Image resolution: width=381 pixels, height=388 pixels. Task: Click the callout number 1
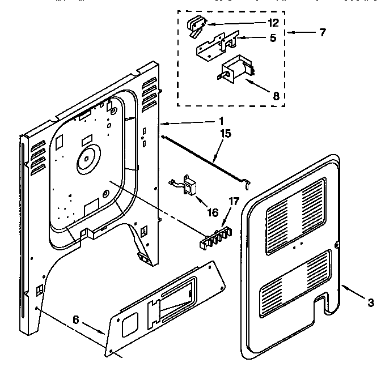point(221,121)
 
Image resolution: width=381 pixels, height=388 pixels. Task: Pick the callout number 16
point(213,212)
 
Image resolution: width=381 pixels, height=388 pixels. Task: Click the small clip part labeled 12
point(195,26)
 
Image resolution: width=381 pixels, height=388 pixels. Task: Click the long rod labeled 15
point(204,154)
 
